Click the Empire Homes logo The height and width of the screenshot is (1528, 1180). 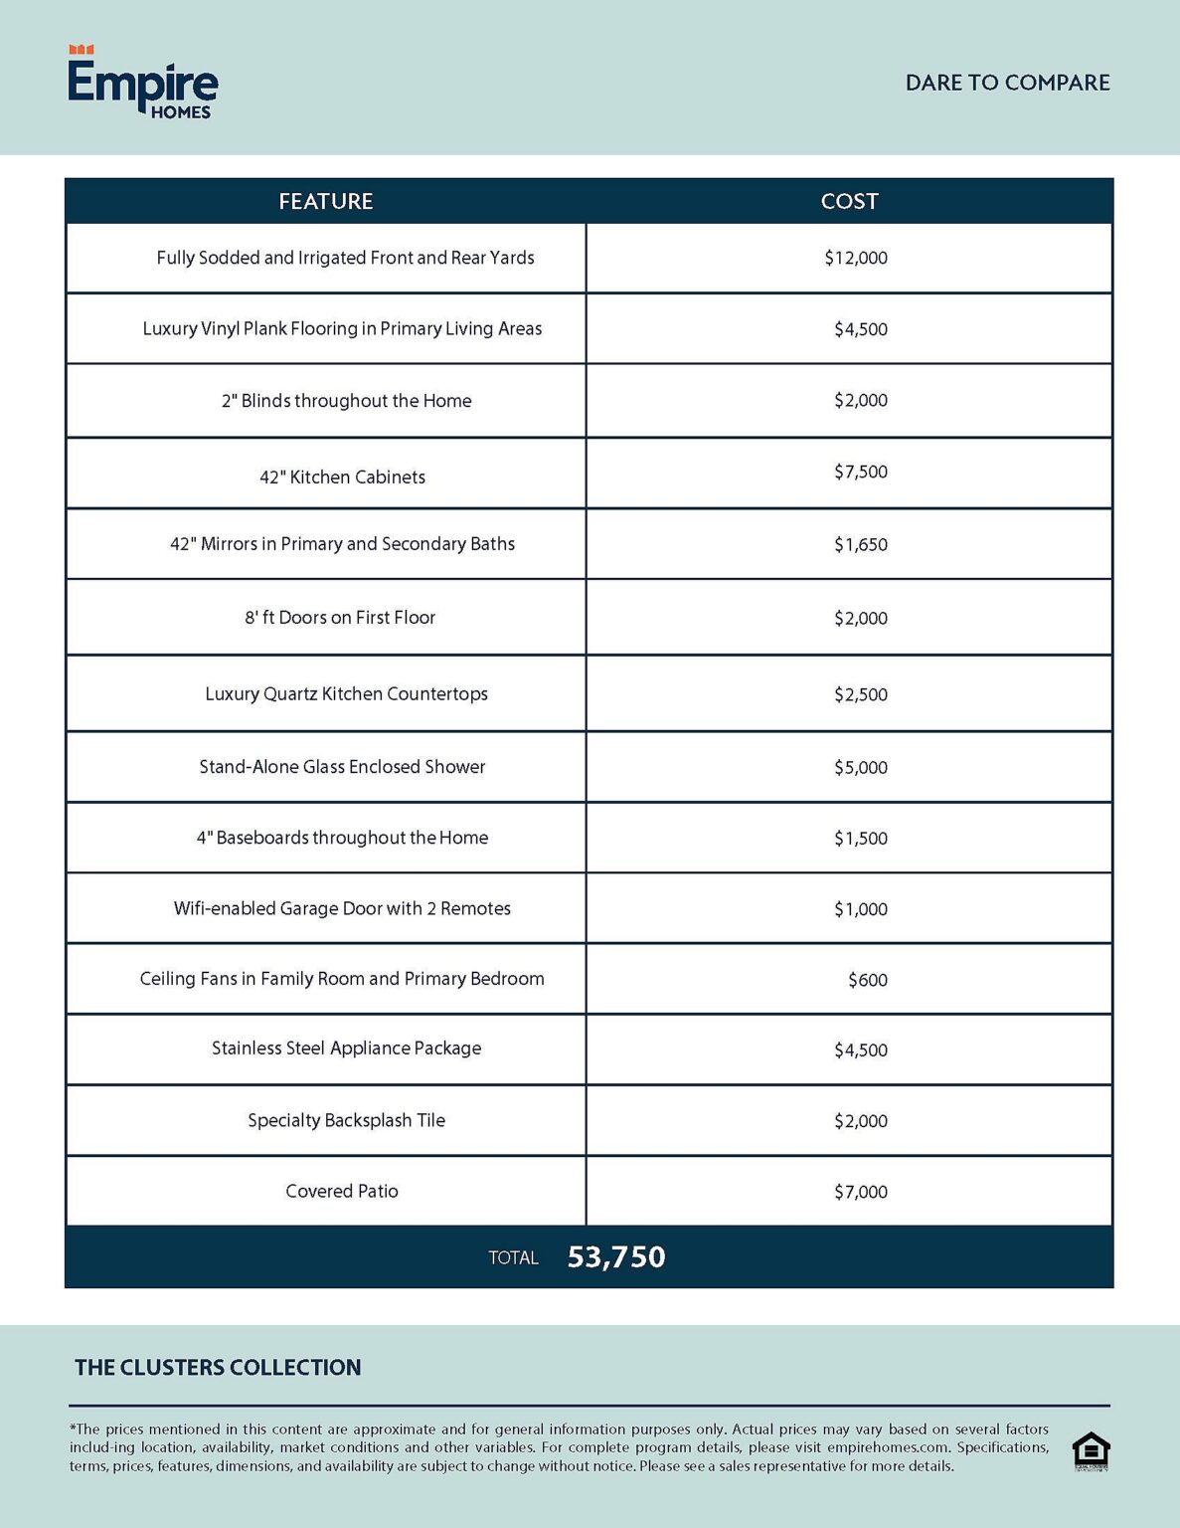(x=142, y=84)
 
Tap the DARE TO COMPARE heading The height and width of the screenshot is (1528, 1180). (x=1007, y=83)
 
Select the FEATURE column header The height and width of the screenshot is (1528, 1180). (x=325, y=201)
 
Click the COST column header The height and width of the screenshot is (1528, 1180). (x=849, y=201)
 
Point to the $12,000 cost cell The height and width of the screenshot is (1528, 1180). (x=855, y=258)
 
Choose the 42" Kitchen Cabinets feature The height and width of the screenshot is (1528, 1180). (x=342, y=477)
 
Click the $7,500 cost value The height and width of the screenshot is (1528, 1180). (x=860, y=472)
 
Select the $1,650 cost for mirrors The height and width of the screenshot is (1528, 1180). (x=860, y=544)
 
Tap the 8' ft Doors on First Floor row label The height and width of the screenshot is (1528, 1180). (x=340, y=618)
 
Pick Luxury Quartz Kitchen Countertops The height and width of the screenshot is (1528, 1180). (x=346, y=693)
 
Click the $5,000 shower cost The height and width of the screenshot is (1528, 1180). (x=860, y=767)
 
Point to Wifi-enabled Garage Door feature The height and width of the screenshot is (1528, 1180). (x=342, y=908)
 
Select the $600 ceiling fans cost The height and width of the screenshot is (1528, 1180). (x=867, y=980)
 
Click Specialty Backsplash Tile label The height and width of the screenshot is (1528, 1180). (x=346, y=1120)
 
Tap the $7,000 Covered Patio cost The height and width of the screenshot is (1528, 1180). (x=860, y=1192)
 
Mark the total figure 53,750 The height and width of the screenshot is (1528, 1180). (x=616, y=1257)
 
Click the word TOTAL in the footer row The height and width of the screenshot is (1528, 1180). (x=513, y=1258)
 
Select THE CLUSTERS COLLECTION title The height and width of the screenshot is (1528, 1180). (x=218, y=1368)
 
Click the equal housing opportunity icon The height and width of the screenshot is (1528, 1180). (x=1091, y=1451)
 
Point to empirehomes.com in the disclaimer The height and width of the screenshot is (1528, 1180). (x=888, y=1447)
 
